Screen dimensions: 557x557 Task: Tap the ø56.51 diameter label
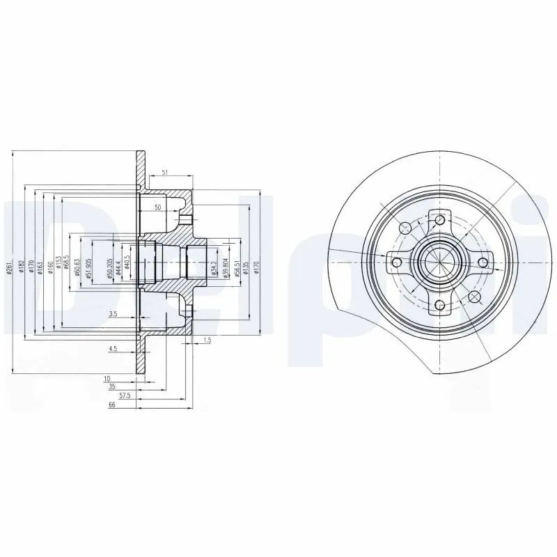point(237,267)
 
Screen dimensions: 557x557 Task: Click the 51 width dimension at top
point(164,172)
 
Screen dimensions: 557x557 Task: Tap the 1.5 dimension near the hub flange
point(207,340)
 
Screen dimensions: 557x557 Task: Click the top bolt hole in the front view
point(439,221)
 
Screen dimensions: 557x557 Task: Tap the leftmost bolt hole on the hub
point(397,262)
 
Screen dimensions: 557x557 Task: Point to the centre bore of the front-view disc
point(439,262)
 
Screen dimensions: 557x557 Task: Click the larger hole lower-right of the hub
point(475,297)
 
